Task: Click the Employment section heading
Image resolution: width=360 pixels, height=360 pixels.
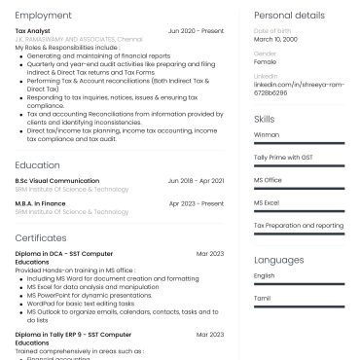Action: click(x=44, y=17)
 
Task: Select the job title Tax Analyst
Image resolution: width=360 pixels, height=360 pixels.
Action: click(x=32, y=31)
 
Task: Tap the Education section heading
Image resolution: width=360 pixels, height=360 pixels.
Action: click(x=38, y=165)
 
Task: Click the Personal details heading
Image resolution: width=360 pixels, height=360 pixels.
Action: click(x=289, y=17)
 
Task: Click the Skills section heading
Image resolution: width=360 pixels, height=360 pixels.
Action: click(x=265, y=118)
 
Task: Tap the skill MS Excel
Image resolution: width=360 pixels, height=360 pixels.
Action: click(x=267, y=202)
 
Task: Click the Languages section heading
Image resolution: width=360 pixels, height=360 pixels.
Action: click(x=278, y=260)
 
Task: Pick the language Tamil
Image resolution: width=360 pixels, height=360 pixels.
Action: click(x=263, y=297)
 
